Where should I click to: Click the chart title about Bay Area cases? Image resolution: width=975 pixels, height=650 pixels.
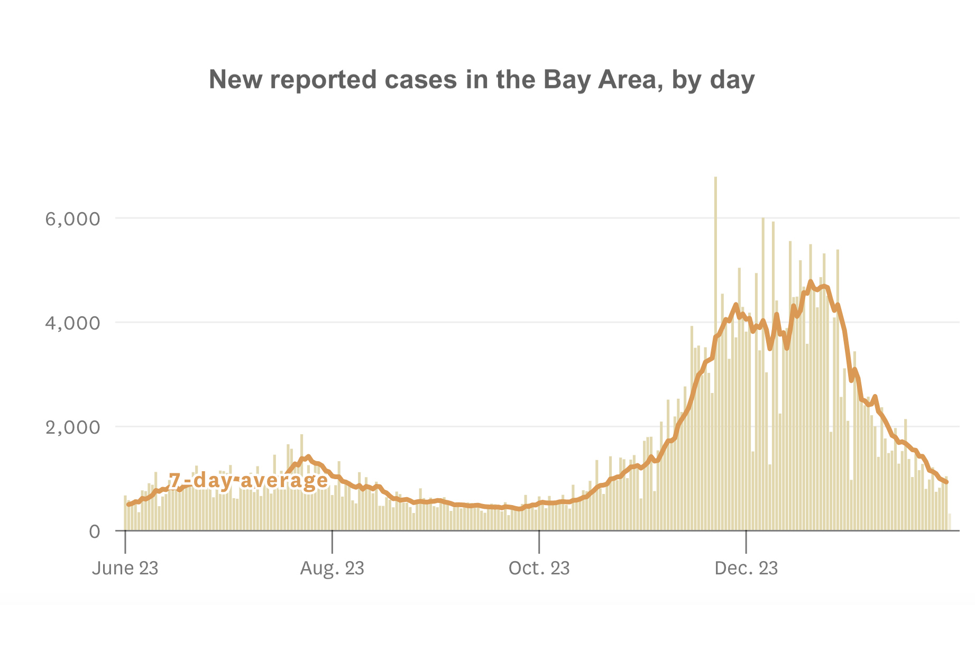tap(481, 80)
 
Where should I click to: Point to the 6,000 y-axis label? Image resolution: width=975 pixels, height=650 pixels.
tap(72, 218)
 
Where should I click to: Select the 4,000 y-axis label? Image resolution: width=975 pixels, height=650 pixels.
tap(72, 323)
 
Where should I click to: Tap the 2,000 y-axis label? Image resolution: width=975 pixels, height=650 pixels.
tap(72, 427)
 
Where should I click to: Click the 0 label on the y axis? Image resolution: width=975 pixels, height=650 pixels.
tap(94, 531)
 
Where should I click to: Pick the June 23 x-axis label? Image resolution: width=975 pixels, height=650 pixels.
tap(125, 568)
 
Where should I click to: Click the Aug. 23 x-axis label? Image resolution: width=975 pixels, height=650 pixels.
tap(332, 568)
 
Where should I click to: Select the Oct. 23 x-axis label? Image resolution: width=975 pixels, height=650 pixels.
tap(539, 568)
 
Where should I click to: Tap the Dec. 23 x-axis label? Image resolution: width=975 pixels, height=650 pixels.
tap(746, 568)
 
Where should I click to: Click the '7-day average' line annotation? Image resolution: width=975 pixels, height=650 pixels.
tap(249, 480)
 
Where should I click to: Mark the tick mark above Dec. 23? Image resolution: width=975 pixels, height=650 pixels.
tap(746, 541)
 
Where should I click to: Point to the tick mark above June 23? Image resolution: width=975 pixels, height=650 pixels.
tap(125, 541)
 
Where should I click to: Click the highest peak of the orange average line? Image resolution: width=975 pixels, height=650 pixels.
tap(811, 282)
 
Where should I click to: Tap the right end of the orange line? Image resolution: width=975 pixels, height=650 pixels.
tap(946, 482)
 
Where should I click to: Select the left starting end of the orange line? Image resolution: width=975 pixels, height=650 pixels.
tap(128, 504)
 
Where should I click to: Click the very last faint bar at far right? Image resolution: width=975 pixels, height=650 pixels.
tap(950, 522)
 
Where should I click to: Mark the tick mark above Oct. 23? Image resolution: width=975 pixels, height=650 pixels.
tap(539, 541)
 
